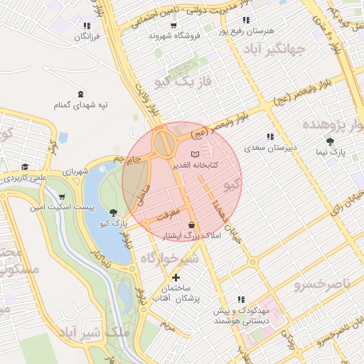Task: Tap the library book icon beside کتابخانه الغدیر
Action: [x=196, y=154]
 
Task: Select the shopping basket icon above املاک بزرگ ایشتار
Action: [x=191, y=225]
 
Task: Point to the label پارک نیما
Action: [x=331, y=152]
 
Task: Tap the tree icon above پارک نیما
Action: [x=329, y=141]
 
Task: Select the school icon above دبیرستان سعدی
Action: [x=269, y=137]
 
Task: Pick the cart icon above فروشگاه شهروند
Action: [x=173, y=23]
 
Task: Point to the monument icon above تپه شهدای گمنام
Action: [x=80, y=94]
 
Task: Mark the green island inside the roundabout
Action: [x=165, y=141]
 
